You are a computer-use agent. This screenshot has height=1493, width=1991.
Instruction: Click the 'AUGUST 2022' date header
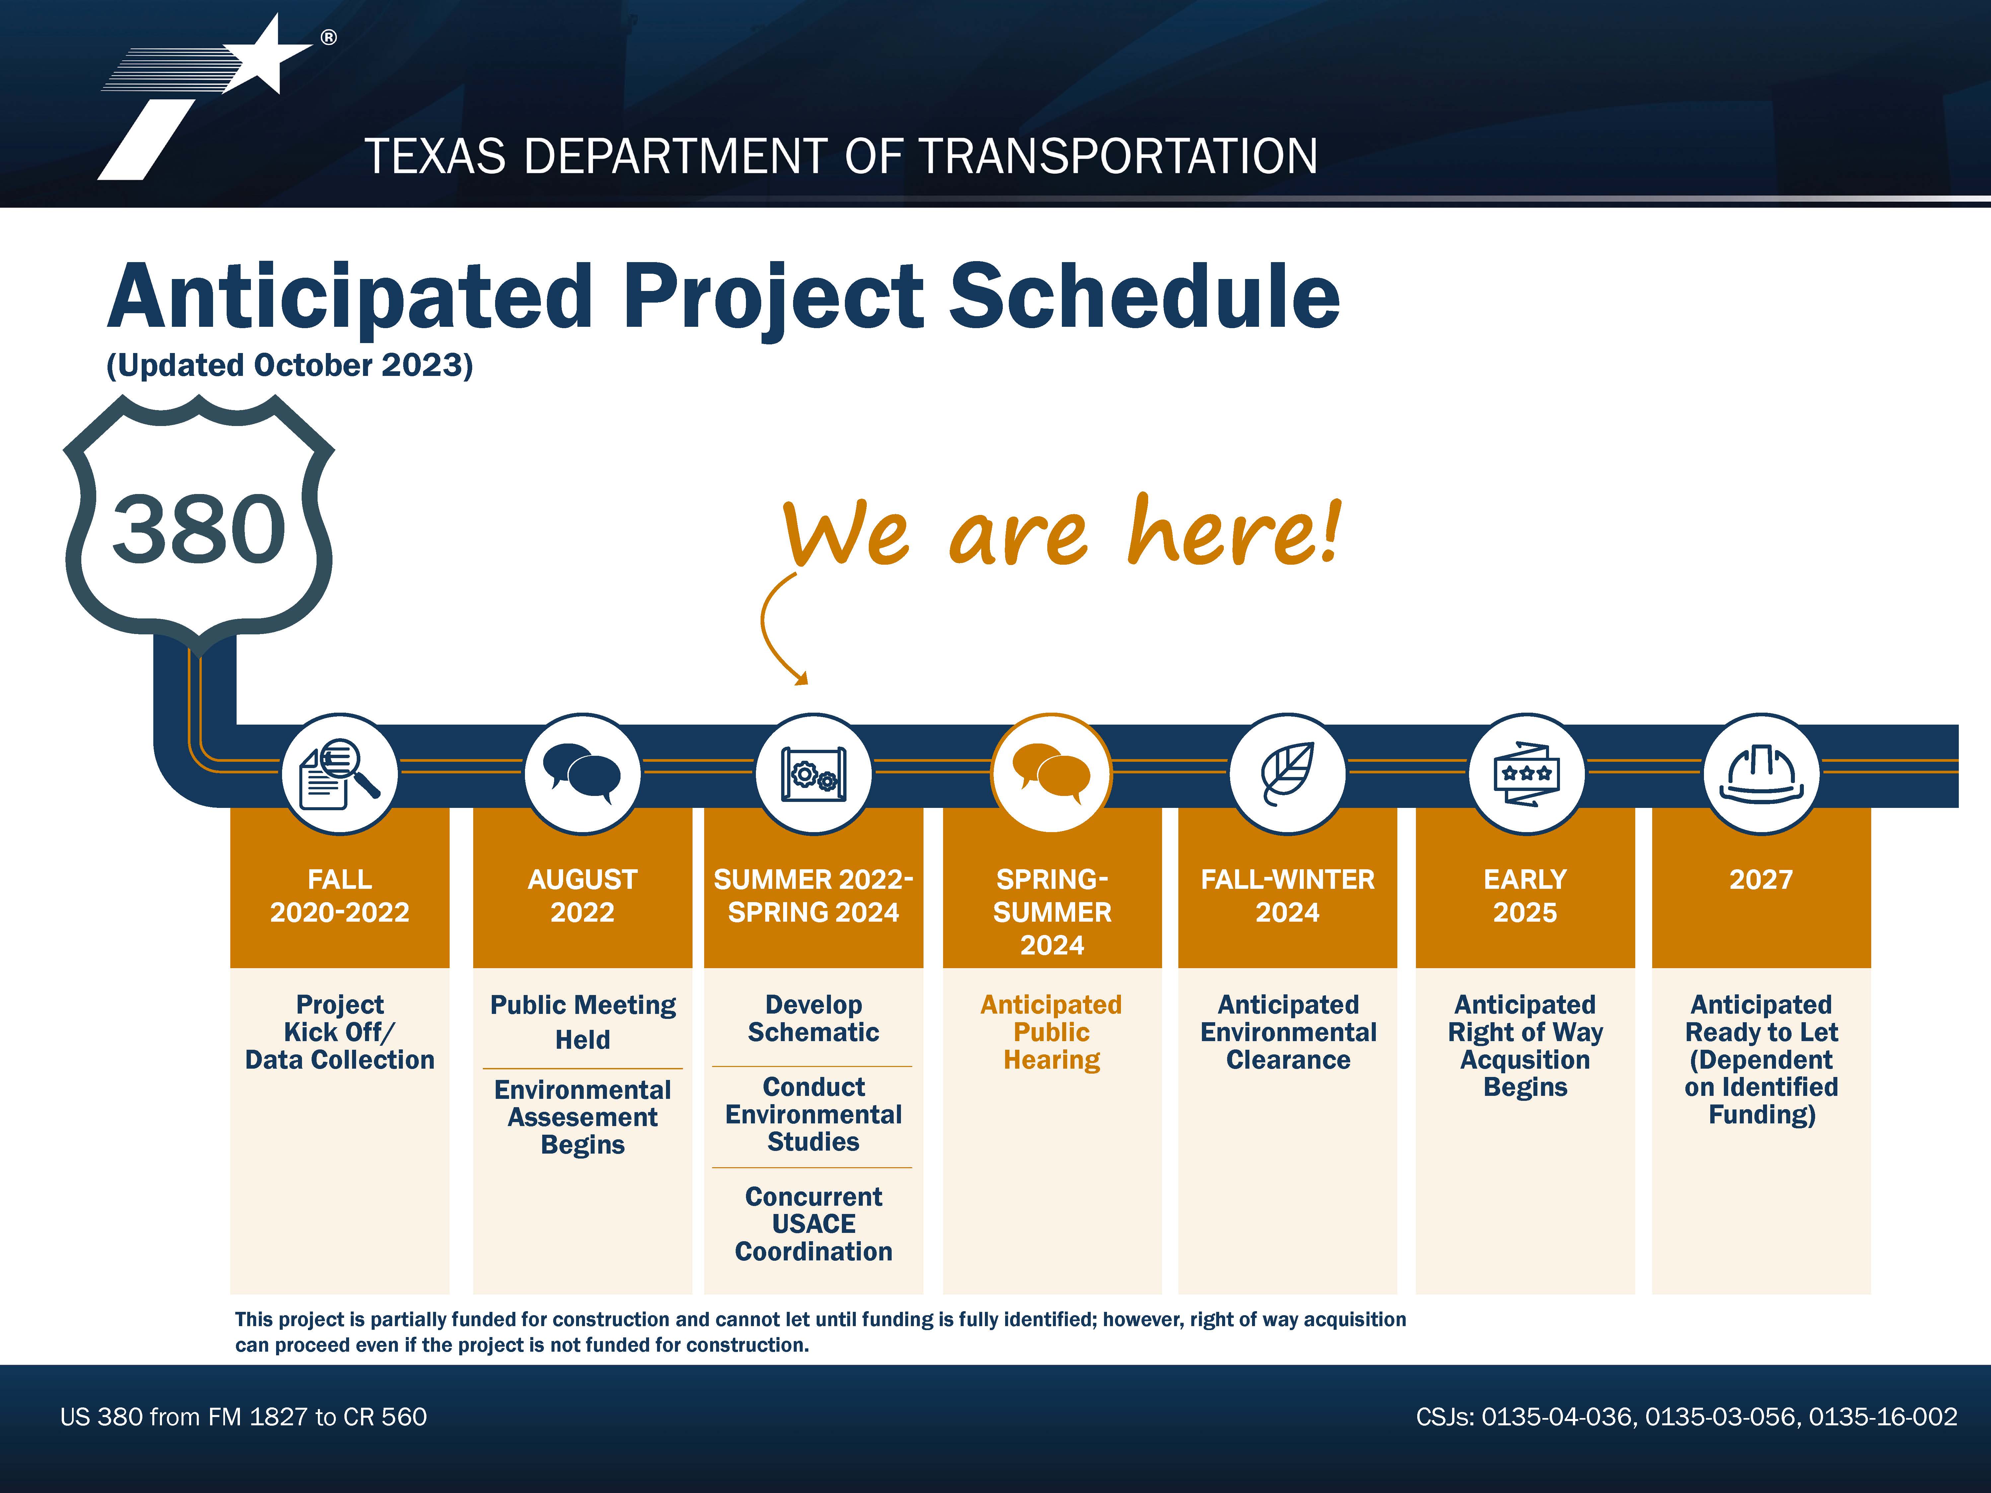coord(582,895)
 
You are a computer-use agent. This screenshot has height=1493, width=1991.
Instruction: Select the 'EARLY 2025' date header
coord(1526,895)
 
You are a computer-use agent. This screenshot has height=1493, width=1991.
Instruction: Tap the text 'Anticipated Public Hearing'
coord(1051,1032)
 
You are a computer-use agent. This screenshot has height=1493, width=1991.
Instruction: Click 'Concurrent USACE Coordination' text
coord(814,1224)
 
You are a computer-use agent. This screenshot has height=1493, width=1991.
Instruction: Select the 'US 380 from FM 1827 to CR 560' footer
coord(243,1416)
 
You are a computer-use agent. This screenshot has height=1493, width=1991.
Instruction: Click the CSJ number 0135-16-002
coord(1883,1416)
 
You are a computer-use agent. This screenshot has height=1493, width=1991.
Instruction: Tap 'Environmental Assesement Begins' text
coord(582,1117)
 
